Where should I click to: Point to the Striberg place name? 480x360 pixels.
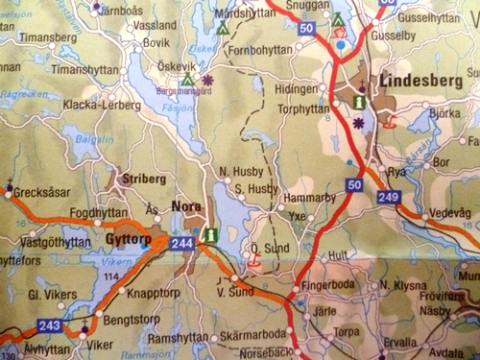pos(139,179)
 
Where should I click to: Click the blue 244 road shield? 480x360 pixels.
pos(182,245)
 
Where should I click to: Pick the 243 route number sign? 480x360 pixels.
pos(51,326)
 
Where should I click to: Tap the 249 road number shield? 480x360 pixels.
pos(390,197)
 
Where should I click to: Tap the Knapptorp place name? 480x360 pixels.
pos(154,289)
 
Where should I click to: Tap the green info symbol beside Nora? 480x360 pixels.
pos(211,231)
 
